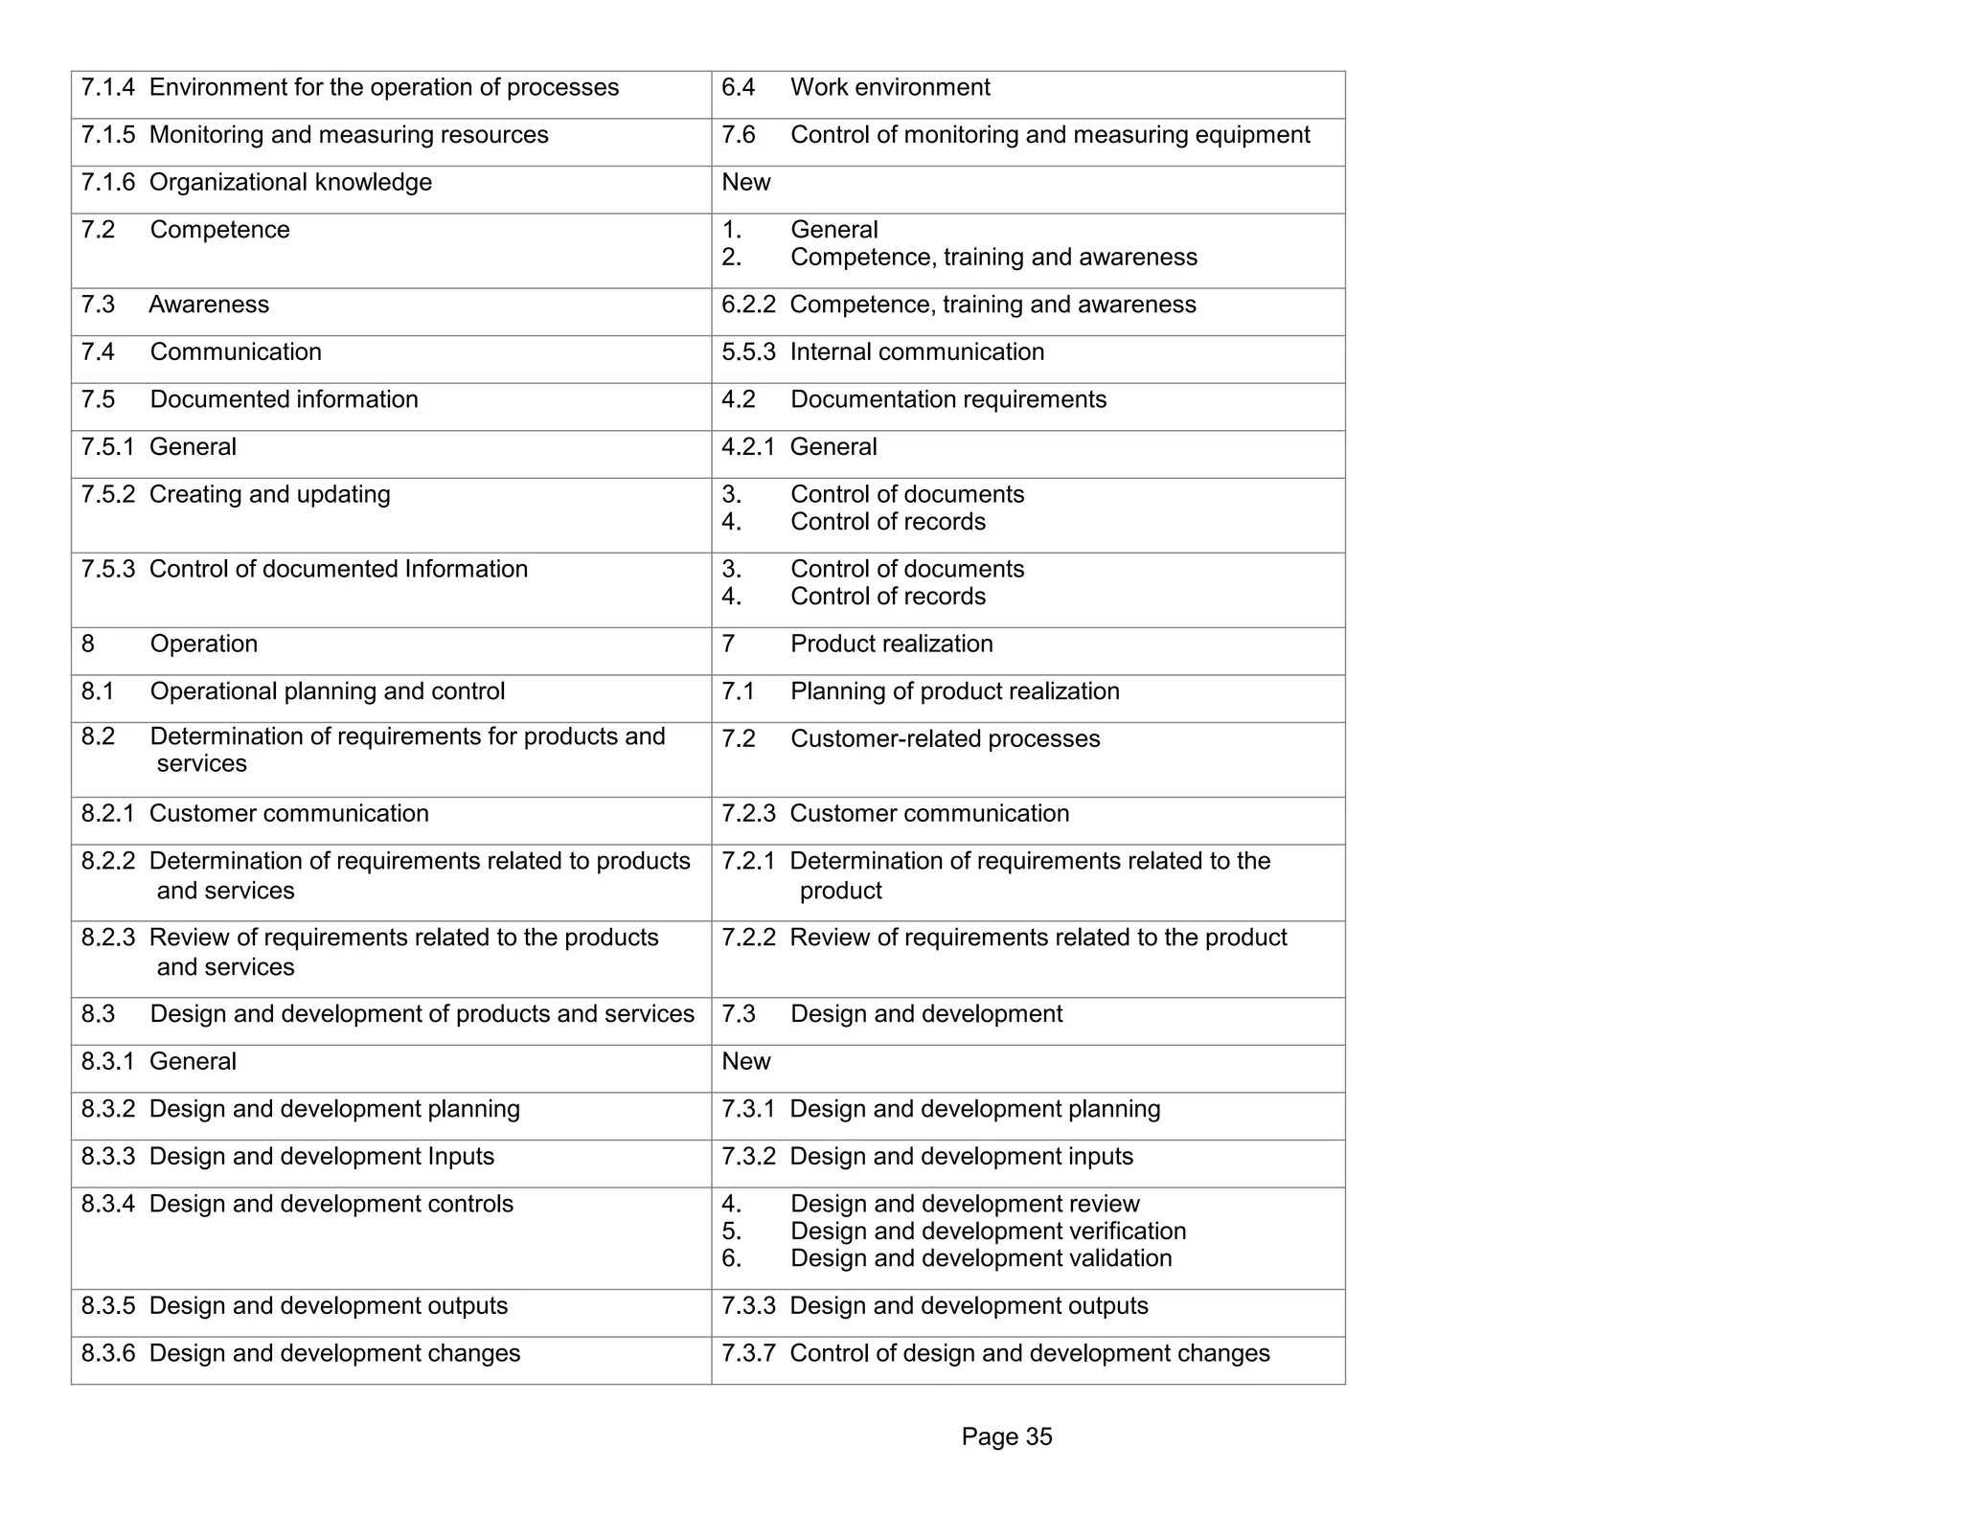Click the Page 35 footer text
1006,1436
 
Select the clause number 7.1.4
107,88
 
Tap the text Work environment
890,88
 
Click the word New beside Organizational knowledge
745,183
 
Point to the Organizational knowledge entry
290,183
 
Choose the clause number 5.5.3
748,352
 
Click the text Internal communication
917,352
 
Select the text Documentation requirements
948,399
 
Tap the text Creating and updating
270,495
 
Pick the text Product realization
891,644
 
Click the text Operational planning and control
328,691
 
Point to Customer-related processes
945,739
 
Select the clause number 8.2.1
107,814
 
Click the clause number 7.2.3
748,814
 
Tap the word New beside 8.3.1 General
745,1062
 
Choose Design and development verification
988,1232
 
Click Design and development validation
981,1258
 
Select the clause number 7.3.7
748,1354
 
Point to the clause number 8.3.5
107,1306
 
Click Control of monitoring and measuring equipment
1050,135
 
